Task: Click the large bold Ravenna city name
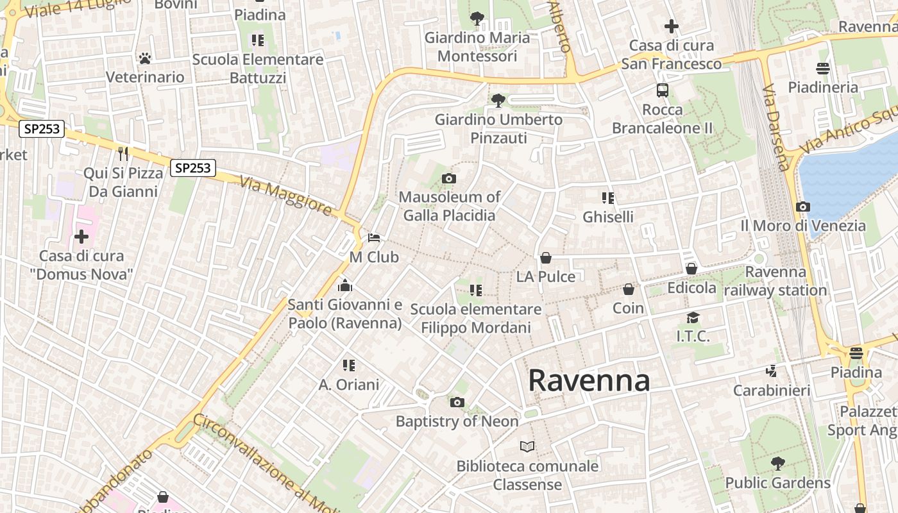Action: click(x=589, y=381)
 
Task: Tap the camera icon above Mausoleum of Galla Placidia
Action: click(x=449, y=178)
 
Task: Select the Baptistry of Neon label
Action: click(x=457, y=421)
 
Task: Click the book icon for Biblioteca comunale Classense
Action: click(x=527, y=446)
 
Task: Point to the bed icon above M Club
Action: click(x=374, y=238)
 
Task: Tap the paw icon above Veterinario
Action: click(x=145, y=58)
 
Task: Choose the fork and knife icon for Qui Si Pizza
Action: click(x=123, y=153)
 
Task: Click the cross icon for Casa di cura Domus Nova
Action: click(x=81, y=237)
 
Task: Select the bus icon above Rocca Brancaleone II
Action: click(x=663, y=90)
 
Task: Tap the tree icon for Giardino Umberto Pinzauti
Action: click(x=498, y=100)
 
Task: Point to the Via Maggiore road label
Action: click(x=287, y=196)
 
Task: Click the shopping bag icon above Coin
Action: click(x=629, y=289)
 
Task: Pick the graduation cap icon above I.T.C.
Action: click(x=693, y=317)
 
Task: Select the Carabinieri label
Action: click(x=772, y=391)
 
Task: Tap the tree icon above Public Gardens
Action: click(x=777, y=463)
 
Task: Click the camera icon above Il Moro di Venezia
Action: click(x=802, y=206)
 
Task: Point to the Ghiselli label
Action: click(x=608, y=217)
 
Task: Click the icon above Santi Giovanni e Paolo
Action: click(x=345, y=285)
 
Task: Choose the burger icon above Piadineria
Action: click(x=823, y=68)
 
